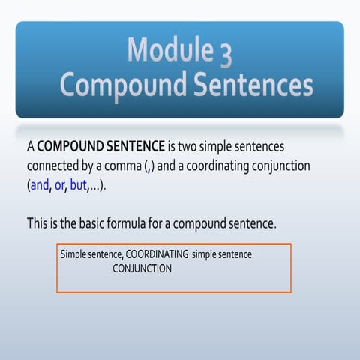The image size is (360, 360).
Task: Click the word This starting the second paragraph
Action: [x=38, y=223]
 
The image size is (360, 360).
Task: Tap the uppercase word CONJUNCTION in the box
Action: [x=142, y=268]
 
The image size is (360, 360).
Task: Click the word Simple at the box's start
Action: [x=75, y=255]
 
